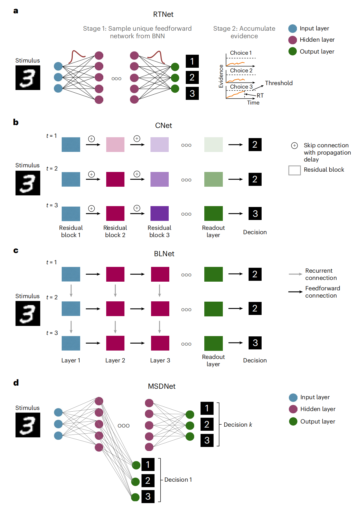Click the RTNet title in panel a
[163, 14]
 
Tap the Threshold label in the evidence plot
[279, 83]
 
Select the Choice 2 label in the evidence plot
[241, 71]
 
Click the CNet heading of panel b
[163, 126]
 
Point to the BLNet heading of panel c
[164, 254]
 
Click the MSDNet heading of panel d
[162, 386]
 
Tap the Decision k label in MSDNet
[238, 425]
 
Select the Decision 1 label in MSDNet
[178, 480]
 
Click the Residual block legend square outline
[294, 170]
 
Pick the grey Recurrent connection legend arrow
[295, 274]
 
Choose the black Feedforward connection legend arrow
[295, 292]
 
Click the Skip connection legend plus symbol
[294, 146]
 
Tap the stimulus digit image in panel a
[28, 78]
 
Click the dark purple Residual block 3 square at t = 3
[159, 213]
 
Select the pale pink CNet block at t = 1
[115, 145]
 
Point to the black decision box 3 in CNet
[255, 213]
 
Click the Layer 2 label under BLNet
[115, 360]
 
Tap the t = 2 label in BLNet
[52, 297]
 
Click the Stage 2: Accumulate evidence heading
[244, 32]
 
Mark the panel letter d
[16, 383]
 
